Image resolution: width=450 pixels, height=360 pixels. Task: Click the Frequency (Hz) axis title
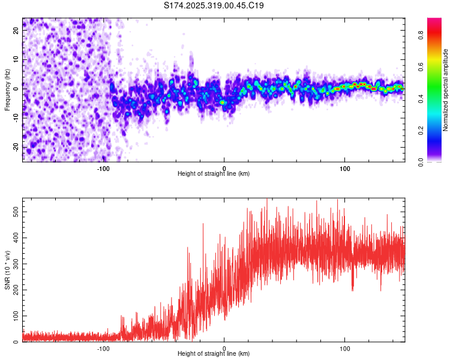pyautogui.click(x=7, y=90)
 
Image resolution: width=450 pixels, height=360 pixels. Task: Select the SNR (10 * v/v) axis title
pyautogui.click(x=7, y=270)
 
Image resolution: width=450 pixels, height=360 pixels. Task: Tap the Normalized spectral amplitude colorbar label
pyautogui.click(x=446, y=90)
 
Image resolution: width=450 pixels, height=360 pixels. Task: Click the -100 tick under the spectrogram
pyautogui.click(x=103, y=168)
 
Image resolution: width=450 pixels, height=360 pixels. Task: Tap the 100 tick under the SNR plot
pyautogui.click(x=345, y=348)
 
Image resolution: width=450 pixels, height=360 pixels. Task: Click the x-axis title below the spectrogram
pyautogui.click(x=214, y=174)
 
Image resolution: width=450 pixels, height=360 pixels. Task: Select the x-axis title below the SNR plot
pyautogui.click(x=214, y=354)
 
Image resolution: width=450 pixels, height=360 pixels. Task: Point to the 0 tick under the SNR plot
pyautogui.click(x=224, y=348)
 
